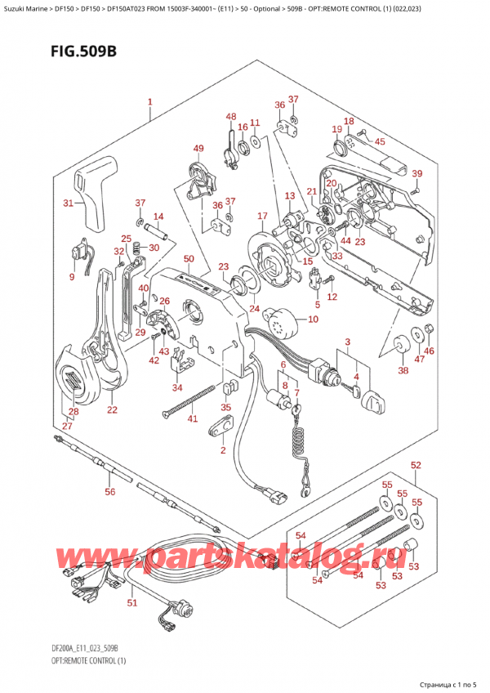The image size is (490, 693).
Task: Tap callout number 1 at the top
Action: [150, 103]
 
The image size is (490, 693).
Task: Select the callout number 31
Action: [69, 203]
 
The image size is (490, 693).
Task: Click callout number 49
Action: [198, 148]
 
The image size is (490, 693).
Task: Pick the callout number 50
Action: [189, 259]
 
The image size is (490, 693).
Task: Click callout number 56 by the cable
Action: [110, 492]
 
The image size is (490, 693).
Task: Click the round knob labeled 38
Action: [401, 348]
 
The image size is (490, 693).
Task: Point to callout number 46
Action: [430, 351]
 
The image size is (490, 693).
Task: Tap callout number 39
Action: [416, 173]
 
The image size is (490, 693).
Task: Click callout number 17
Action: [262, 216]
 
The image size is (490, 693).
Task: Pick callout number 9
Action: [71, 277]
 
